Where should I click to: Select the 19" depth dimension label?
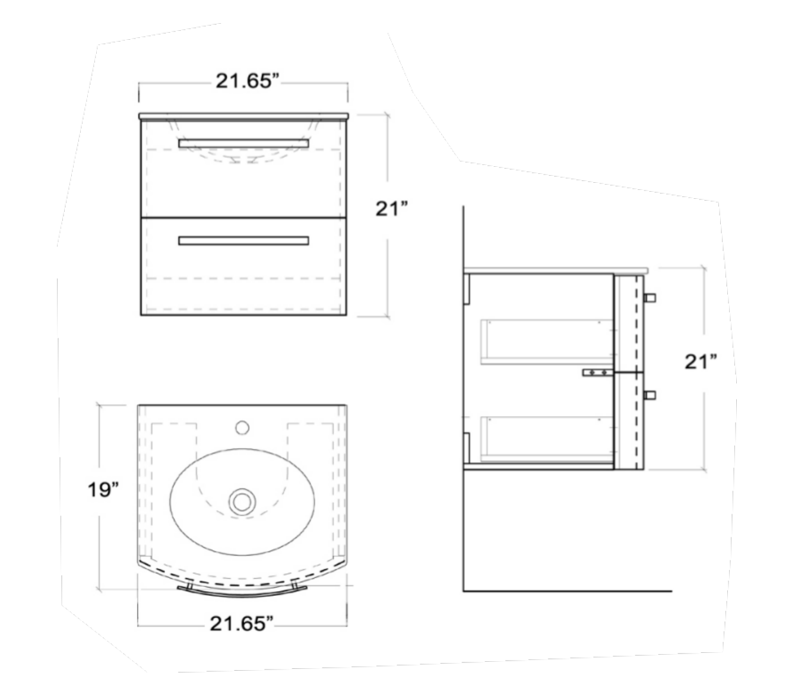coord(103,490)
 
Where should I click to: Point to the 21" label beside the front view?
coord(392,209)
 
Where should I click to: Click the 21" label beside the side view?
coord(701,361)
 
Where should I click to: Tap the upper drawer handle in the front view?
coord(243,143)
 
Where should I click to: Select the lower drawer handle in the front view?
coord(243,240)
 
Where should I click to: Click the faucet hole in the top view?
coord(242,427)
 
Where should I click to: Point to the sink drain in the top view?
coord(242,502)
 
